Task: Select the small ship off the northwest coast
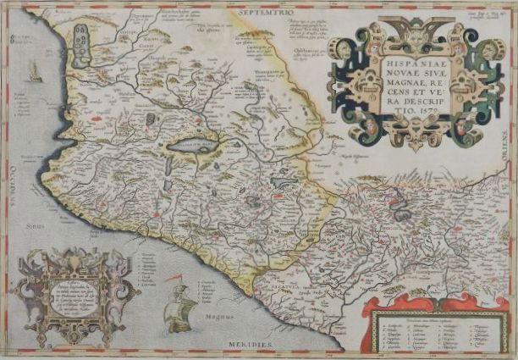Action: (x=33, y=74)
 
